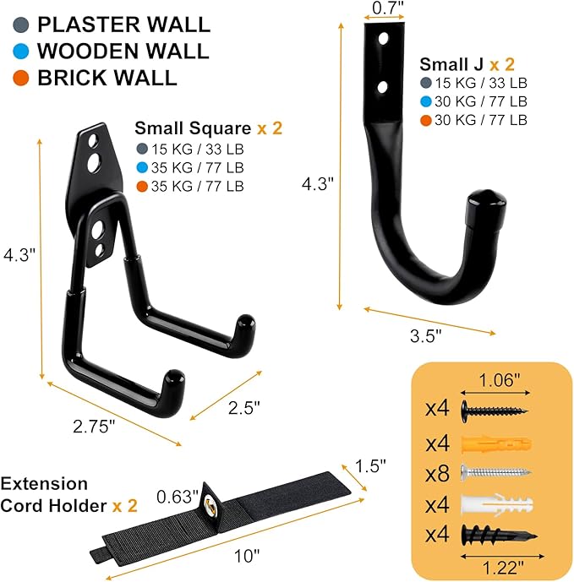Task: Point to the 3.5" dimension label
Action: point(425,335)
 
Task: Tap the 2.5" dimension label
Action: point(243,406)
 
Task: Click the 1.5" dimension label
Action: point(370,465)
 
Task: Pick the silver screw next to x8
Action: point(496,472)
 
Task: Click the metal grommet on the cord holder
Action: point(207,506)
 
